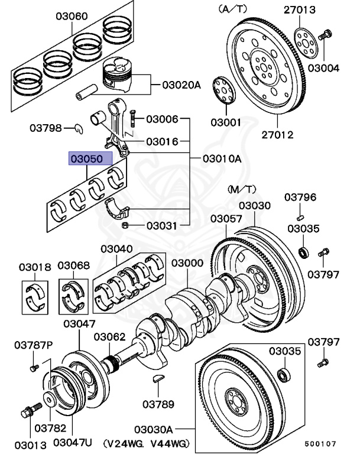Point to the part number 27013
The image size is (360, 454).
click(315, 9)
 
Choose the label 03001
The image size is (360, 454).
click(225, 123)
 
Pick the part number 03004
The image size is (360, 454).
click(323, 68)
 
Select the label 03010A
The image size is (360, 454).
click(222, 159)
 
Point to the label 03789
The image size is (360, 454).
click(158, 404)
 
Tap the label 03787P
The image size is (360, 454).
click(34, 344)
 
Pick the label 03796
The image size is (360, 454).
click(300, 197)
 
